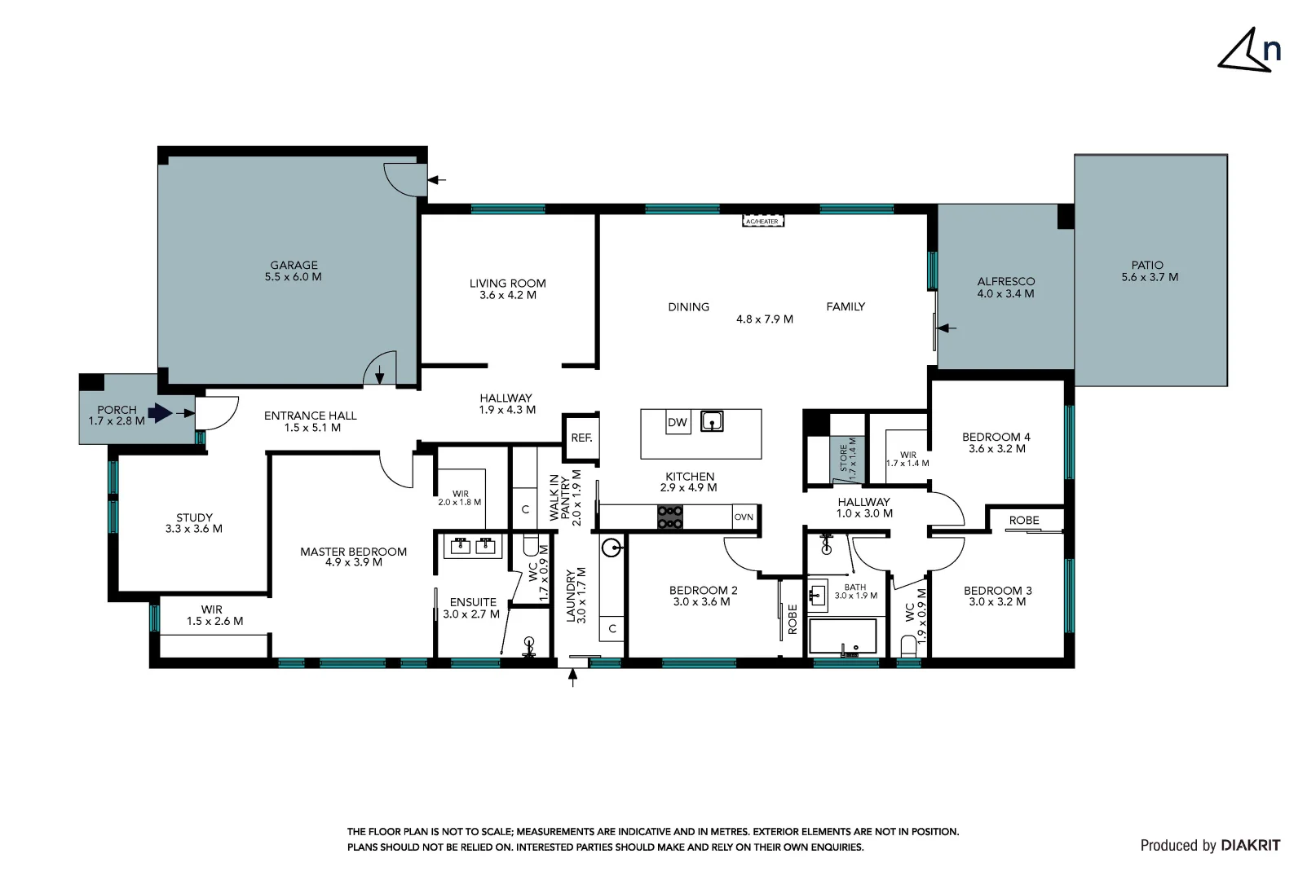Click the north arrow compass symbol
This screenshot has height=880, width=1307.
[1247, 51]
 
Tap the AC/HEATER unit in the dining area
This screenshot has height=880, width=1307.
[763, 222]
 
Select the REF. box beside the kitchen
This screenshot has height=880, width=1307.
[581, 438]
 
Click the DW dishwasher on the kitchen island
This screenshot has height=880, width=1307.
[677, 422]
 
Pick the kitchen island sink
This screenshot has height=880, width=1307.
[712, 422]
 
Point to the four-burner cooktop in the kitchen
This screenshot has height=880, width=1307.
[670, 517]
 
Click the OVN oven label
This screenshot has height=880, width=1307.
[744, 517]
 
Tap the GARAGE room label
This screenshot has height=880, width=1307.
[294, 266]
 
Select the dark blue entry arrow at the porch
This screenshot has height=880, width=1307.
[161, 413]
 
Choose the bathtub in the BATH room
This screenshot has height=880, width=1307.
[842, 636]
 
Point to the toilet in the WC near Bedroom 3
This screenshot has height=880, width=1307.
[908, 646]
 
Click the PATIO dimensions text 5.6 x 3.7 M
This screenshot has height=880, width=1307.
[1150, 277]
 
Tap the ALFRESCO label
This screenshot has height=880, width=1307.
[1005, 282]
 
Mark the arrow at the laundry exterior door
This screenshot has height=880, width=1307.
[572, 677]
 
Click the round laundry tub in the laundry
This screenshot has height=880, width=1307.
[612, 547]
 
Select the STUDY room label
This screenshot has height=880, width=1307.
[194, 517]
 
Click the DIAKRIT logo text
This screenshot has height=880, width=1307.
[1250, 846]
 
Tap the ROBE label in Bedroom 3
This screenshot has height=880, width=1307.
[1023, 520]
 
